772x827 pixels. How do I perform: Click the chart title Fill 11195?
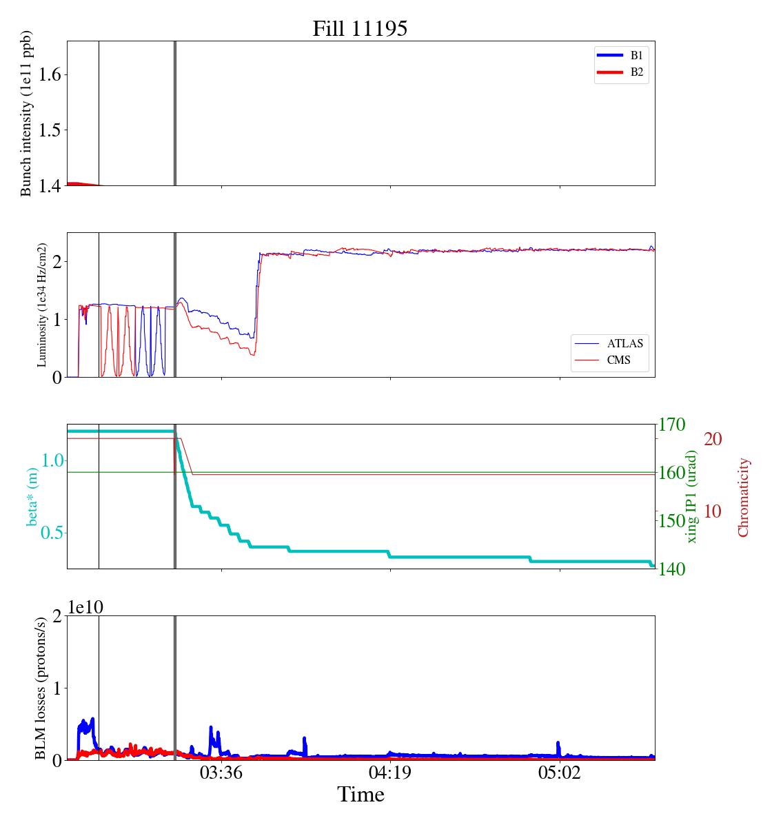[x=360, y=28]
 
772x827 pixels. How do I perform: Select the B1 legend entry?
[x=636, y=55]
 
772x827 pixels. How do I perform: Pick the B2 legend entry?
[x=636, y=72]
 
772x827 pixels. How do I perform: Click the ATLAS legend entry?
[x=624, y=343]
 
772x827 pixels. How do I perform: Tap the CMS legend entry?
[x=618, y=360]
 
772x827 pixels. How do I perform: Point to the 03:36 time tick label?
[x=221, y=773]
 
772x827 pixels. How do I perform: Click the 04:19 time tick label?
[x=390, y=773]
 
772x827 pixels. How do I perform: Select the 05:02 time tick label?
[x=560, y=773]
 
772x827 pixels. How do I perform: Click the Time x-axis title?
[x=360, y=795]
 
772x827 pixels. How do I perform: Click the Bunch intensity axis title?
[x=26, y=114]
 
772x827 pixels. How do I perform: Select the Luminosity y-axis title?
[x=42, y=305]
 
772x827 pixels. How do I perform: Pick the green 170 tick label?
[x=673, y=425]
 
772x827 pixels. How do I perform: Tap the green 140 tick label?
[x=673, y=569]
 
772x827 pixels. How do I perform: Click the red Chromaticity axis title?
[x=743, y=497]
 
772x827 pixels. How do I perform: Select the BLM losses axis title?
[x=41, y=688]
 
